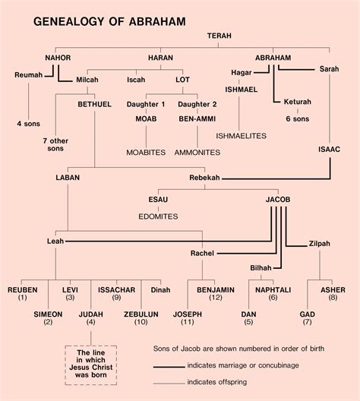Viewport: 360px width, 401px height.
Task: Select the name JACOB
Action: point(278,199)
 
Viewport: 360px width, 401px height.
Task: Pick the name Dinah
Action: point(161,289)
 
